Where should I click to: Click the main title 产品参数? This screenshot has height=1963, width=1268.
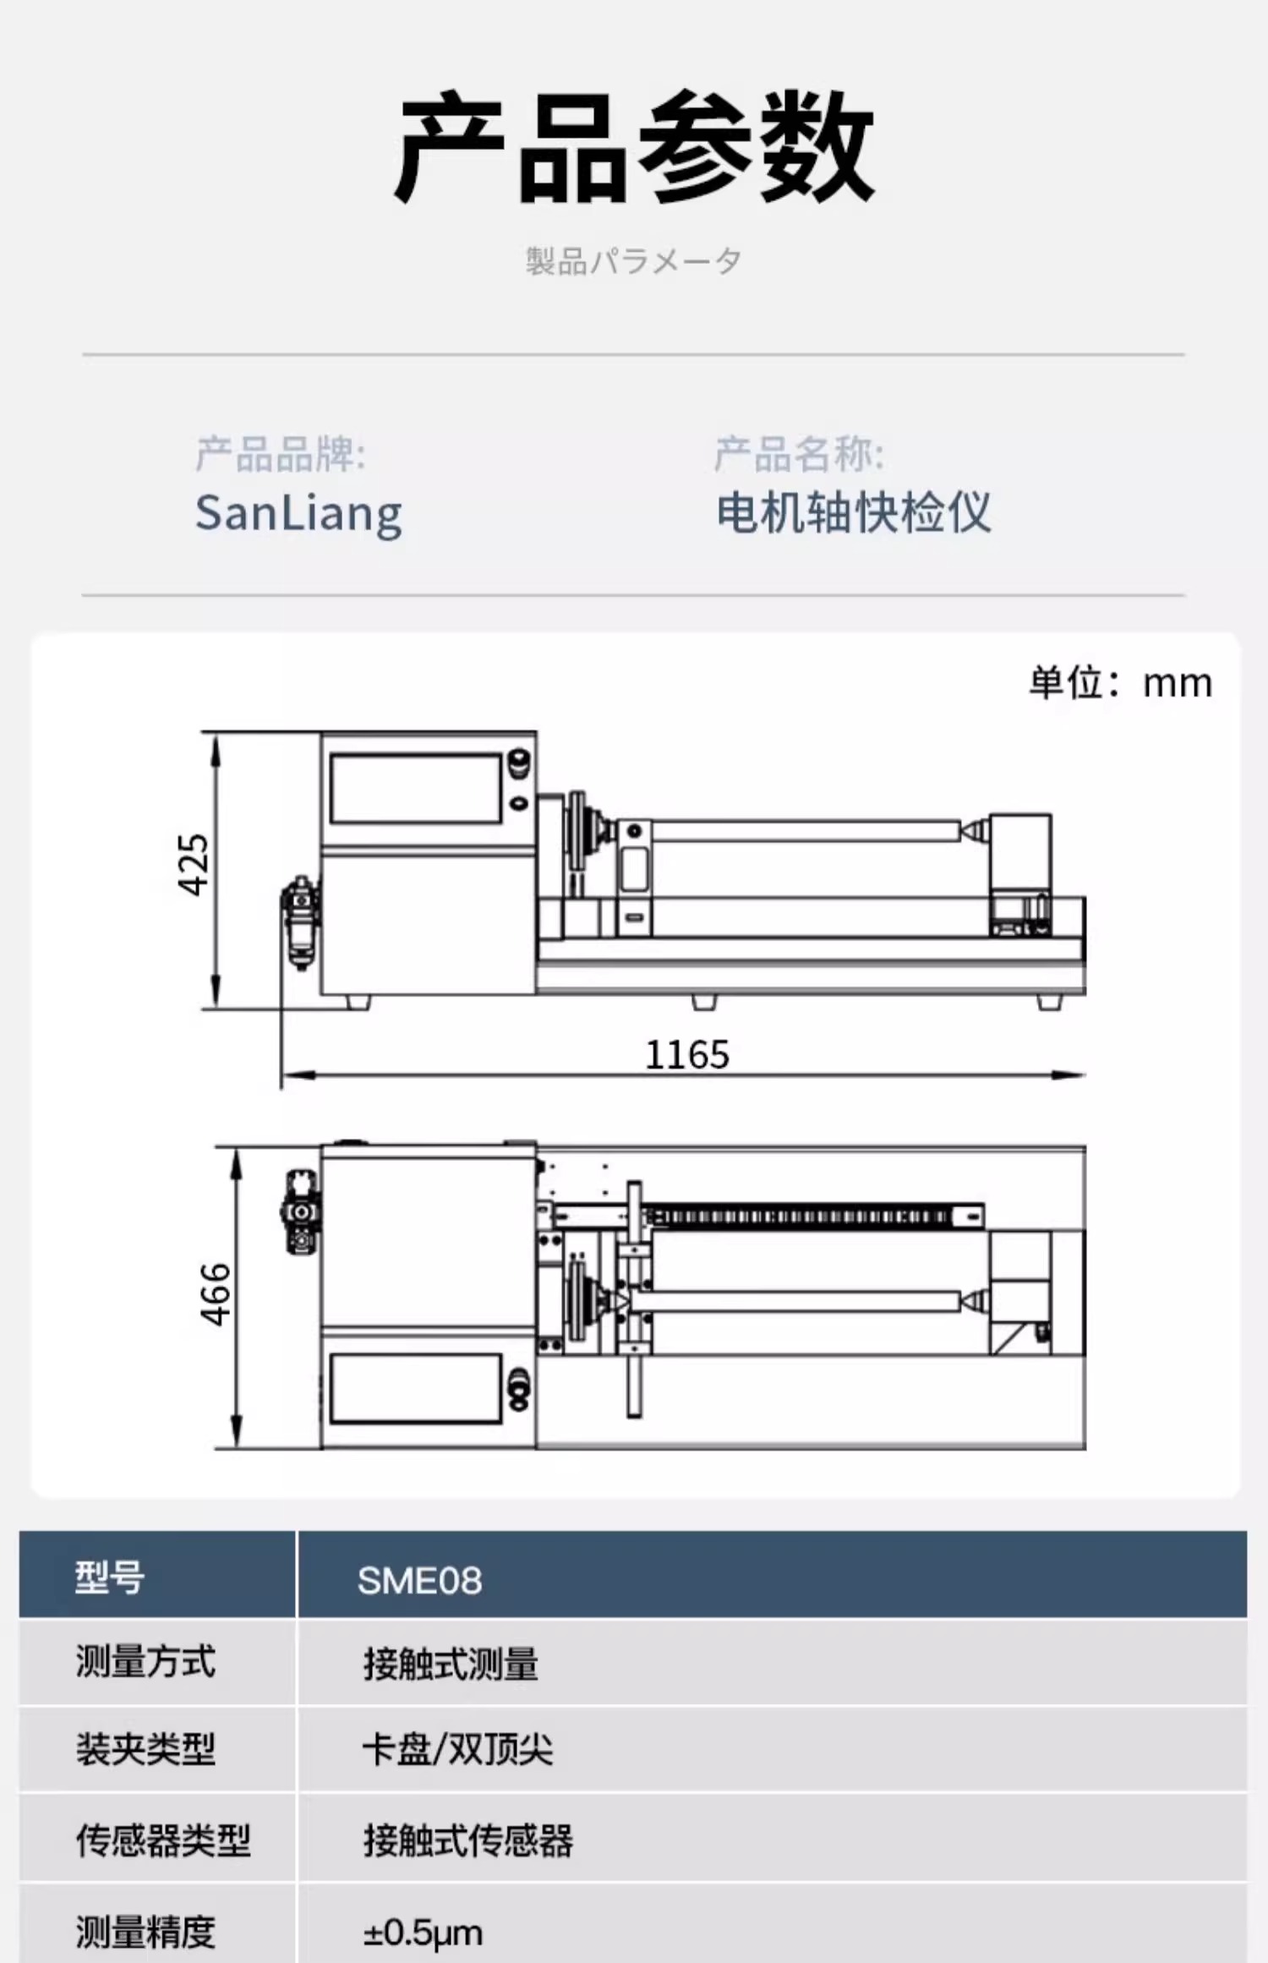(634, 147)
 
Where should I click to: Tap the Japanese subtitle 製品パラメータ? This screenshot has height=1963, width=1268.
(633, 261)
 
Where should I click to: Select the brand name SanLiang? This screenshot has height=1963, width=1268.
(298, 514)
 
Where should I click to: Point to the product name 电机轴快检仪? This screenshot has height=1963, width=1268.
(854, 512)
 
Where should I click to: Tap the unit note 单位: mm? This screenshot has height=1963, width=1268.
(1120, 682)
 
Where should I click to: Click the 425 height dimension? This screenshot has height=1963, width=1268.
(193, 864)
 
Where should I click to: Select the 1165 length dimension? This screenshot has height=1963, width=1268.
(687, 1054)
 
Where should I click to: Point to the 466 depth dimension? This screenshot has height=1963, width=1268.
(216, 1294)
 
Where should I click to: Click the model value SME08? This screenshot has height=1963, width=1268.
(419, 1580)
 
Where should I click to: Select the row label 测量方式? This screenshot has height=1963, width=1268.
(145, 1661)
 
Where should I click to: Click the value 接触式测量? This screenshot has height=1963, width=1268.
(451, 1665)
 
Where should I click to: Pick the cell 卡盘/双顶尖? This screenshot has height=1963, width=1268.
(457, 1749)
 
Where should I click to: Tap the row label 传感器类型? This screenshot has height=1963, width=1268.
(163, 1840)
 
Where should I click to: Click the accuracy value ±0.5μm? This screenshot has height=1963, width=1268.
(423, 1933)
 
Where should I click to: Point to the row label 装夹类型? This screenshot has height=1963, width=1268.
(145, 1749)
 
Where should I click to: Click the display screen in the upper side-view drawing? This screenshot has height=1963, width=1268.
(416, 789)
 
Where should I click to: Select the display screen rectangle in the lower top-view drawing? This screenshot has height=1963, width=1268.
(416, 1388)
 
